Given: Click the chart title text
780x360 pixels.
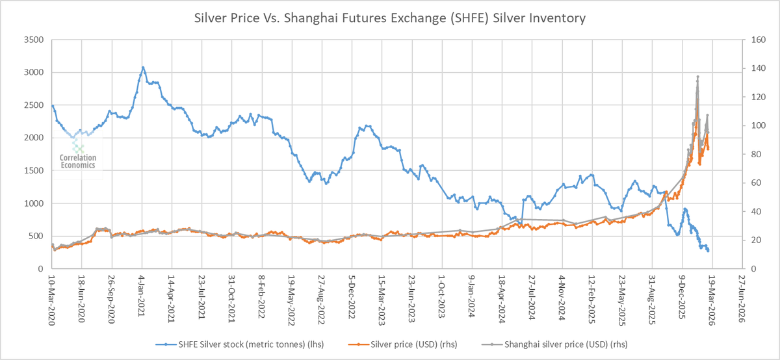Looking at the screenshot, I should pyautogui.click(x=390, y=18).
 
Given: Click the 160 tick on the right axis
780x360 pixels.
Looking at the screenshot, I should pyautogui.click(x=753, y=40).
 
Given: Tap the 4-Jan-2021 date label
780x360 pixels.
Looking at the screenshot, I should pyautogui.click(x=142, y=296).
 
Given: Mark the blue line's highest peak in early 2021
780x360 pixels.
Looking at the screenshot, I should pyautogui.click(x=143, y=67).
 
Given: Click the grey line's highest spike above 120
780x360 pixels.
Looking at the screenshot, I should pyautogui.click(x=697, y=77).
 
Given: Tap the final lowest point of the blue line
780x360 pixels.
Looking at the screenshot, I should pyautogui.click(x=708, y=251).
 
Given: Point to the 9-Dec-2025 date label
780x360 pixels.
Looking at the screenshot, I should pyautogui.click(x=682, y=296).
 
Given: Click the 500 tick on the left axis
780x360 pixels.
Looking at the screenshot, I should pyautogui.click(x=35, y=236).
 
